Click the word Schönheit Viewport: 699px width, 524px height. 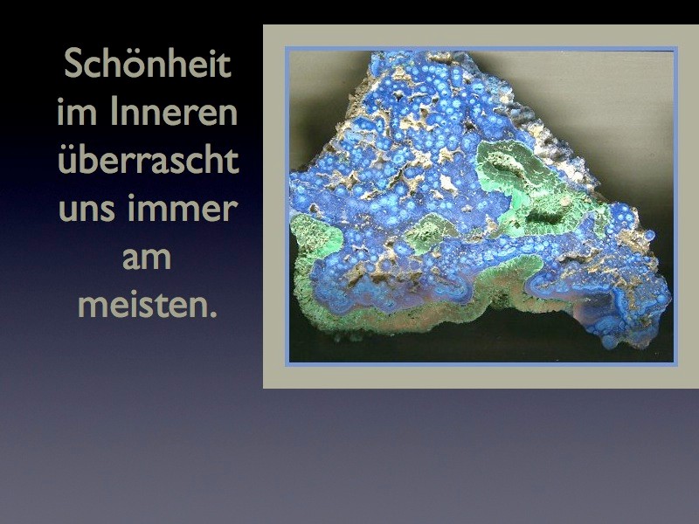(x=148, y=63)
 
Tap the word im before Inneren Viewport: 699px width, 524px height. (x=77, y=112)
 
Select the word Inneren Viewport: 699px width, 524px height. (x=174, y=112)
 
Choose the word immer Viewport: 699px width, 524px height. (x=183, y=209)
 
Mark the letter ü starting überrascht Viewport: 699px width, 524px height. (x=68, y=162)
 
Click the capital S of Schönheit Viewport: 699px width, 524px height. (x=73, y=63)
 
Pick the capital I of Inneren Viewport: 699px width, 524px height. (x=114, y=112)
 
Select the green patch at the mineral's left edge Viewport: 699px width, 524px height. (x=315, y=235)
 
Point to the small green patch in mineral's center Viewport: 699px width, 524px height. (x=429, y=231)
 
